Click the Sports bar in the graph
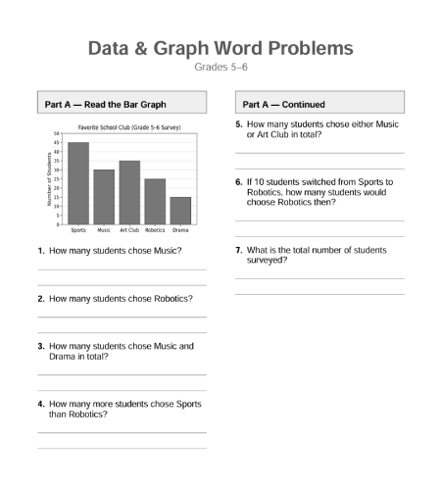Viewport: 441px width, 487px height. coord(78,183)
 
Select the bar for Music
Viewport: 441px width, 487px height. coord(104,197)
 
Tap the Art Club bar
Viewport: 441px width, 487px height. coord(129,192)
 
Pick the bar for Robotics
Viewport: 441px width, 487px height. coord(155,202)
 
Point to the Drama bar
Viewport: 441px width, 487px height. coord(180,211)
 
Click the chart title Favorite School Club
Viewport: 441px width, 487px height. coord(130,125)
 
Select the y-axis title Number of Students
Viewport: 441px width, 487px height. coord(48,178)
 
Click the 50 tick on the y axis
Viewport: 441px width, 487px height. coord(57,133)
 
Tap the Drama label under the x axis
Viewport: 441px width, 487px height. coord(180,230)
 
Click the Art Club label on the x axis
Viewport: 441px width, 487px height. coord(129,230)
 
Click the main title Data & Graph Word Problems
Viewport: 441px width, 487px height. coord(220,48)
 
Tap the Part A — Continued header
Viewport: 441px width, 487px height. coord(284,104)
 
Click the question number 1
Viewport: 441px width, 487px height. coord(40,251)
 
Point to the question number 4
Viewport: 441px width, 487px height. coord(40,404)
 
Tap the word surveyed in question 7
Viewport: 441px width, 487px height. coord(268,261)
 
